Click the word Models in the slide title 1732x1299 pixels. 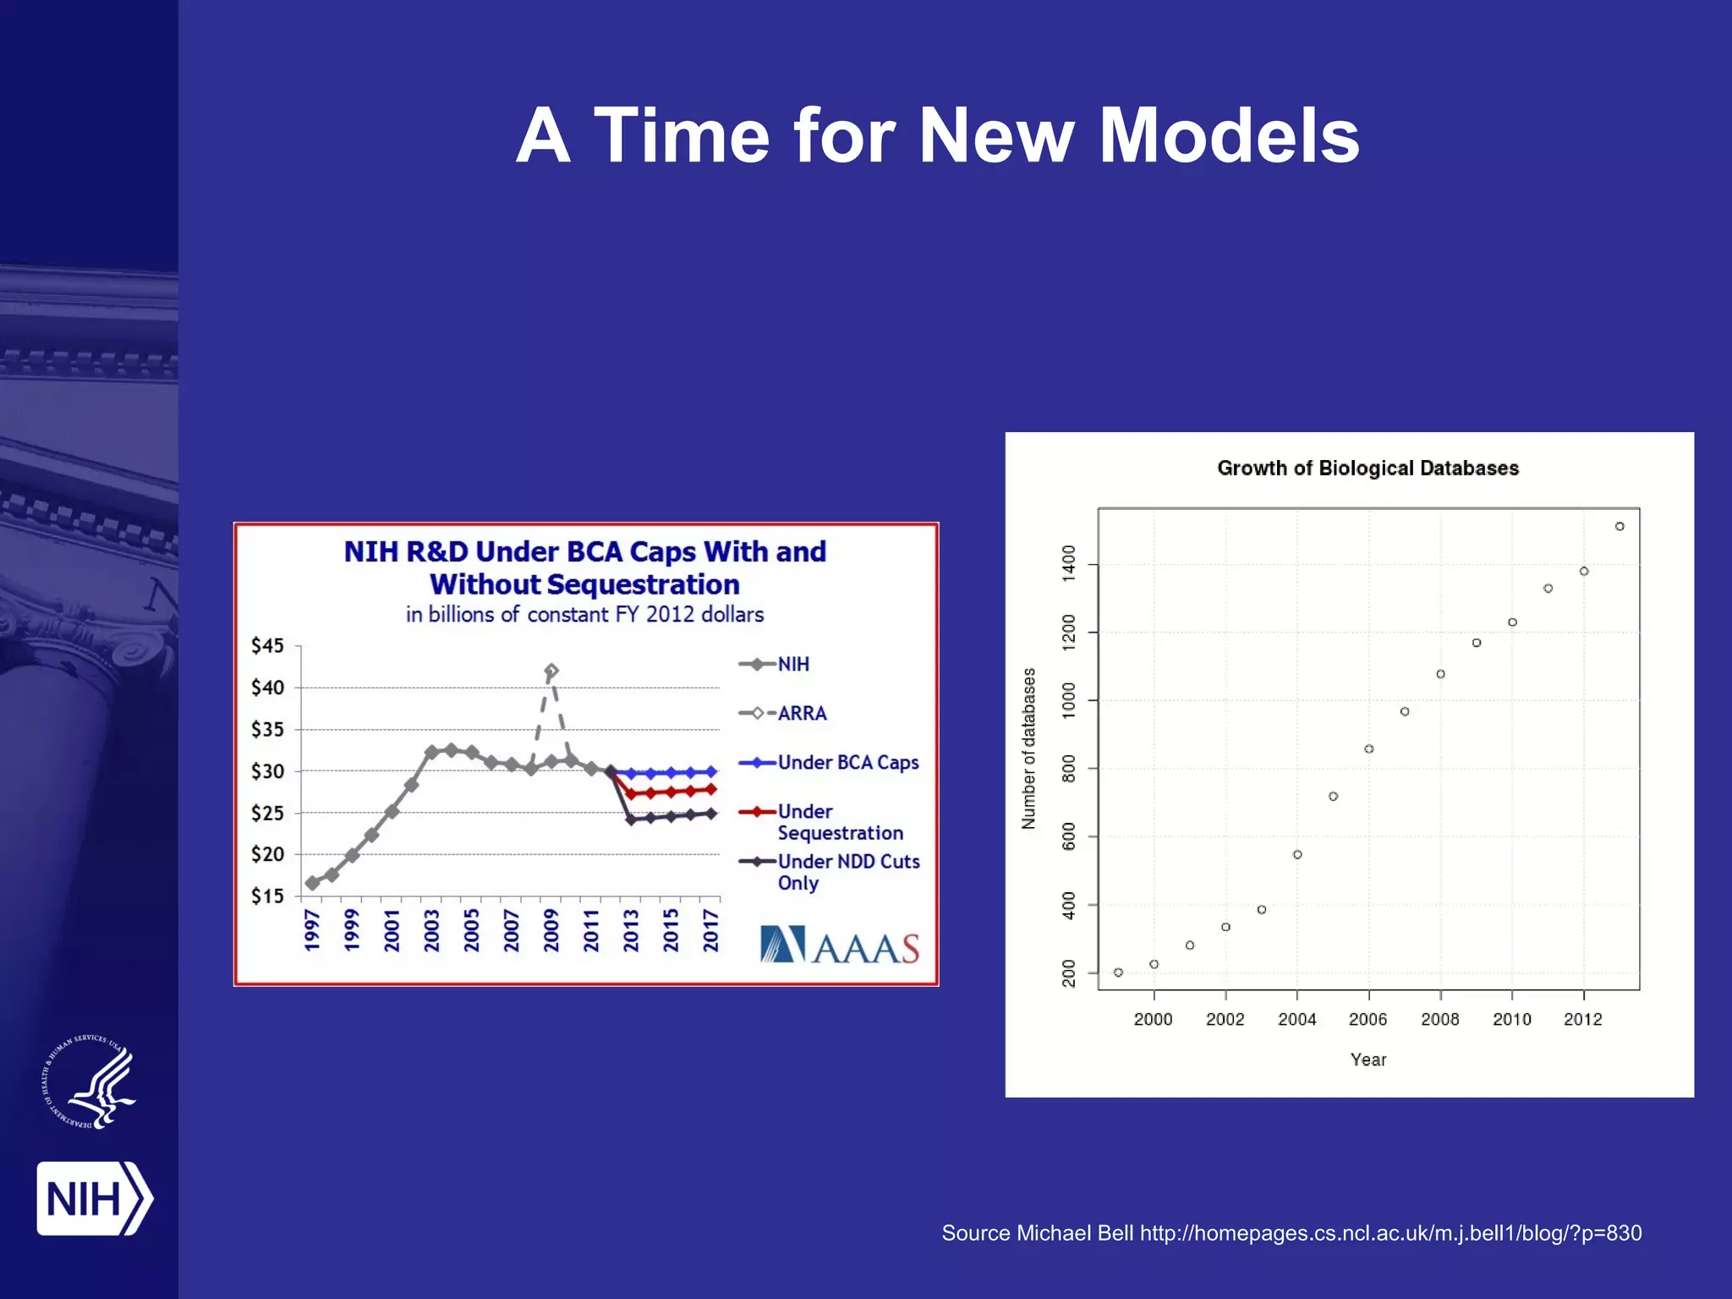[1228, 137]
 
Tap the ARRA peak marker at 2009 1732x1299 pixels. [551, 671]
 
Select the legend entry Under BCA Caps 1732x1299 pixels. [847, 762]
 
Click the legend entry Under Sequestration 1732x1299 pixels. [840, 822]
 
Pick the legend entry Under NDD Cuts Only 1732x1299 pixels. [848, 872]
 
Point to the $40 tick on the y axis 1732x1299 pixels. [267, 688]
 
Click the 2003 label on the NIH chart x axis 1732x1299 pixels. [431, 929]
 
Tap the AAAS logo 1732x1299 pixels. [839, 945]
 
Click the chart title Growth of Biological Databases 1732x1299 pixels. [1368, 469]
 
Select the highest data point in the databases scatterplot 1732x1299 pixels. [1620, 526]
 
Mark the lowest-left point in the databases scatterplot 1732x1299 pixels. [1118, 973]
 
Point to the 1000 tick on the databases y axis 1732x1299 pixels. [1069, 700]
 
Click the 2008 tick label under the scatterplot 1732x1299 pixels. [1439, 1019]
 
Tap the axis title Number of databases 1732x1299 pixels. [1028, 748]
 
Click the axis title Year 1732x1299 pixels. [1368, 1060]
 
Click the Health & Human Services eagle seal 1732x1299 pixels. [90, 1082]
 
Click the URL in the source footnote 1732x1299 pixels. [1390, 1233]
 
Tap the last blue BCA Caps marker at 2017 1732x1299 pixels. [710, 771]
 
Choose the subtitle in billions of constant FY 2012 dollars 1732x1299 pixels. [584, 615]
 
